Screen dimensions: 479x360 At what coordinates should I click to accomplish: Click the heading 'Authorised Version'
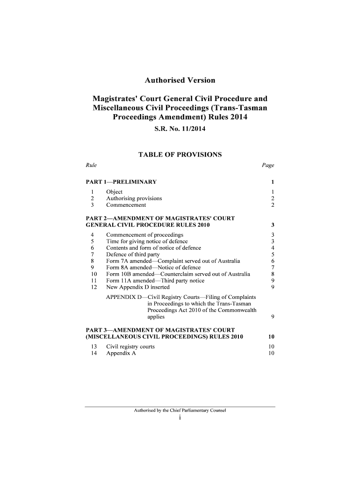click(180, 80)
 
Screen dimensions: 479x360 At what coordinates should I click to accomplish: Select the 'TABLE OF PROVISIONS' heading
click(180, 155)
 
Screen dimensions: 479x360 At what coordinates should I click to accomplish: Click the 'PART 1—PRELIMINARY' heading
click(121, 181)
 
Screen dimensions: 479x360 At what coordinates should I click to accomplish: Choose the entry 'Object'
click(115, 192)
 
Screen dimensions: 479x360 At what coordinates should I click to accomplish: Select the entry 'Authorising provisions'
click(134, 198)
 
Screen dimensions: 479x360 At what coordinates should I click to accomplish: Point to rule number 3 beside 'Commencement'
click(93, 205)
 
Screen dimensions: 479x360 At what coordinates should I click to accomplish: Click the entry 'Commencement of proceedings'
click(145, 234)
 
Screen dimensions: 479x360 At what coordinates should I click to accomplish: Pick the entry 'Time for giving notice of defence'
click(147, 241)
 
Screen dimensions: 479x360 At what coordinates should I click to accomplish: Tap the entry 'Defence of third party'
click(133, 254)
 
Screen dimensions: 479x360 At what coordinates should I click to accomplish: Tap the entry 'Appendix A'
click(122, 353)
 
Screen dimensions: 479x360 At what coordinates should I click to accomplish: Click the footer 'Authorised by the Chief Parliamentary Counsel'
click(180, 411)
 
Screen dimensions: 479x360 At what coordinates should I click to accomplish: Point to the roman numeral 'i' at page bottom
click(180, 418)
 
